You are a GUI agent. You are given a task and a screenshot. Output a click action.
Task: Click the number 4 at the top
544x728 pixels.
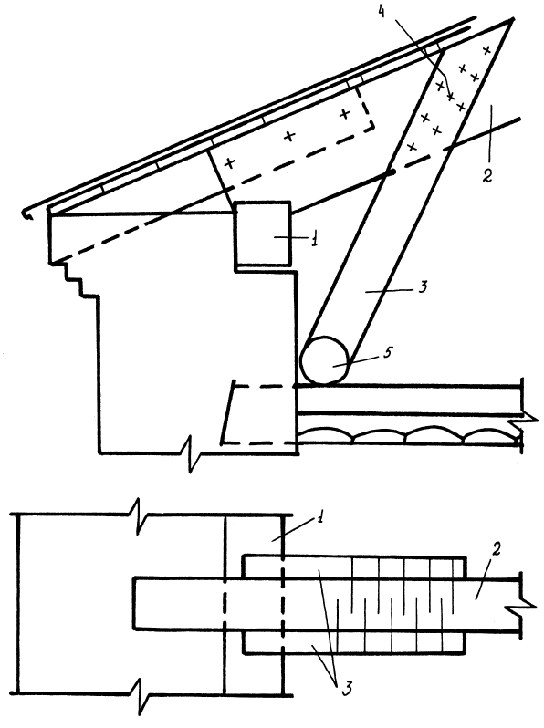[x=382, y=13]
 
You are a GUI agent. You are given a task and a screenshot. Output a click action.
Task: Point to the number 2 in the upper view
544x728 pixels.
[x=486, y=176]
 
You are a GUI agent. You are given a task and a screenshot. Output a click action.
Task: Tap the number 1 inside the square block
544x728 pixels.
[x=315, y=240]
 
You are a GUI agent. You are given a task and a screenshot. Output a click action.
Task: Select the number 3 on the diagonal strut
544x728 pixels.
[x=422, y=288]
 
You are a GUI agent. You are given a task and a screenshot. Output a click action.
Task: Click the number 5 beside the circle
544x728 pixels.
[x=387, y=352]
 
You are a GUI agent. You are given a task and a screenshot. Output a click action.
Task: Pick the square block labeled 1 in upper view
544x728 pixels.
[x=264, y=234]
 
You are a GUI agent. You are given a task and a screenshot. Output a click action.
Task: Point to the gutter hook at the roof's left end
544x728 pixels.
[x=28, y=214]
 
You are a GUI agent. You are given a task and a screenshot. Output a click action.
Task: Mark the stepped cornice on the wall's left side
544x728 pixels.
[x=74, y=278]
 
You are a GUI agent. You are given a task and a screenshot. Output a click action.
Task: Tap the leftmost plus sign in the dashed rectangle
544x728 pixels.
[x=229, y=163]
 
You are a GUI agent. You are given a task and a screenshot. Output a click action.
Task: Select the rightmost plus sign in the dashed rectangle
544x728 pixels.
[x=344, y=113]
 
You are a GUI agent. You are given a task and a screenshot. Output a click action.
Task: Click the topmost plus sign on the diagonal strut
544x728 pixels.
[x=486, y=49]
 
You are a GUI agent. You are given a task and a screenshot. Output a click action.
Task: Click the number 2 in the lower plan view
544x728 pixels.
[x=497, y=550]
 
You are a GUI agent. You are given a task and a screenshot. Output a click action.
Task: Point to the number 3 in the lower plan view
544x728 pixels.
[x=347, y=689]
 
